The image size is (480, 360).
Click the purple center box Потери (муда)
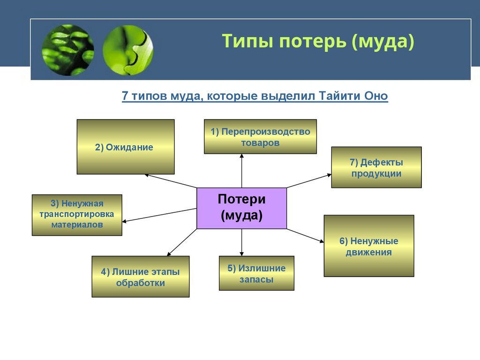[241, 208]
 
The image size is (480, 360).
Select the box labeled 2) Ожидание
[126, 147]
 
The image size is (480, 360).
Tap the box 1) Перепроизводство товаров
[260, 136]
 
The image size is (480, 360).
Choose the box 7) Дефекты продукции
[376, 167]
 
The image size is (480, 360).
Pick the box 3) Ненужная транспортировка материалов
[77, 215]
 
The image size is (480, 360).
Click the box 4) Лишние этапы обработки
[140, 277]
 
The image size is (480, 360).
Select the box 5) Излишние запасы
[256, 273]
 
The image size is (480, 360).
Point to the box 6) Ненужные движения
[368, 246]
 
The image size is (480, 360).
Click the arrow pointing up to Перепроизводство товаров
[242, 171]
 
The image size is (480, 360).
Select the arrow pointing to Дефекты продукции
[309, 181]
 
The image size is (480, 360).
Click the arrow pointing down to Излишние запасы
[242, 242]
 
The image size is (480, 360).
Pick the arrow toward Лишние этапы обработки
[181, 242]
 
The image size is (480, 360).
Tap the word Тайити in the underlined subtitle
[340, 96]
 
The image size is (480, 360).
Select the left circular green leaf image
[68, 50]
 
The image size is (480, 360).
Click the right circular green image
[128, 50]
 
